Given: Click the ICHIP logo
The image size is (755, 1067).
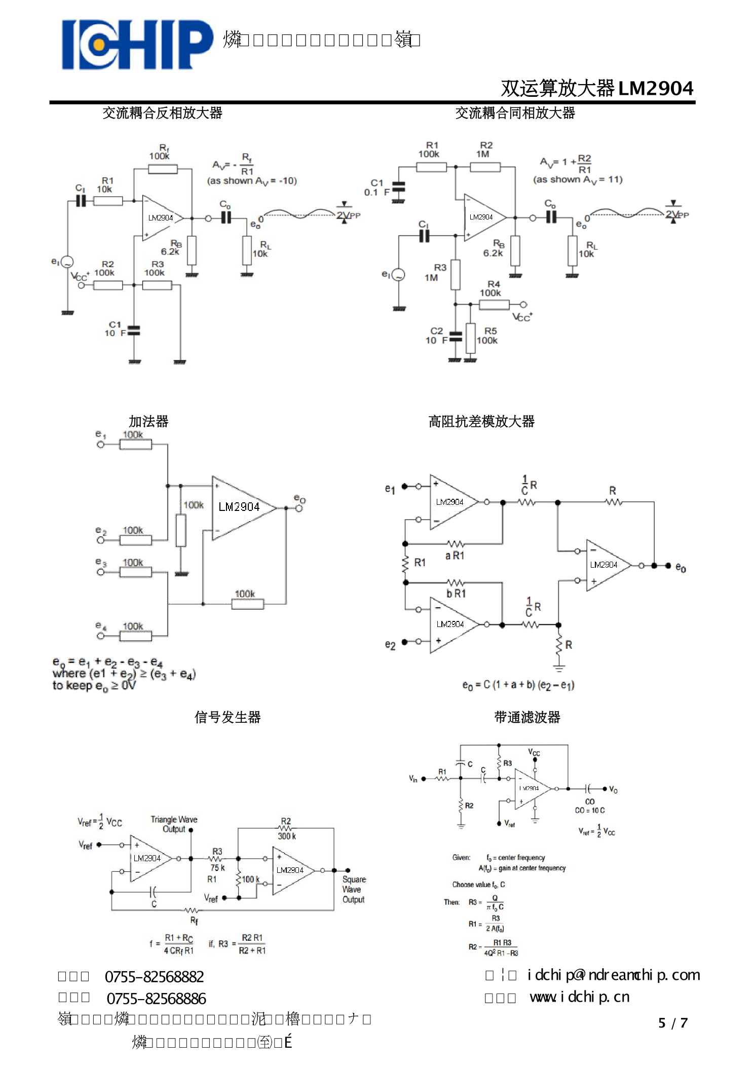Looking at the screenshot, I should pos(137,44).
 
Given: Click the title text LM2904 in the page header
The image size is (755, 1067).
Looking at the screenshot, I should pos(655,88).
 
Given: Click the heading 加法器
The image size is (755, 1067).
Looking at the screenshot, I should pos(148,421).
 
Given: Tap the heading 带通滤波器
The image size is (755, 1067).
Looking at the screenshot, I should pos(527,717).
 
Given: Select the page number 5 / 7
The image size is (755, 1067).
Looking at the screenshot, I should pos(672,1023).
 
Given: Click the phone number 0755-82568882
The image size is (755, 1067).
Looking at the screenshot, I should pos(154,976).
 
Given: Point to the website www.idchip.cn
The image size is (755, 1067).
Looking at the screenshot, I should pos(579,997).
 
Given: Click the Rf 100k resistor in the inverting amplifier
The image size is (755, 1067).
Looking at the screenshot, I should pos(162,169).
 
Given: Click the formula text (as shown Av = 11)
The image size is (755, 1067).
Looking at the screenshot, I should pos(578,179).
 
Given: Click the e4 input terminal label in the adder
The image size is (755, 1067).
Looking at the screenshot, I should pos(101,627).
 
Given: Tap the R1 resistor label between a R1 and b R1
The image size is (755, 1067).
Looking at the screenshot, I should pos(420,562).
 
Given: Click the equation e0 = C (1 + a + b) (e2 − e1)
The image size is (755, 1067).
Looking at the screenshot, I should pos(518,685).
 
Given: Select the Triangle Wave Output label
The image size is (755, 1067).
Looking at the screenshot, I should pos(174,824).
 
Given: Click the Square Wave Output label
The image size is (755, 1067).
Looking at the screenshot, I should pos(354,890).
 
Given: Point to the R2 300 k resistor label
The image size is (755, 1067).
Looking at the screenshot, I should pos(286,829).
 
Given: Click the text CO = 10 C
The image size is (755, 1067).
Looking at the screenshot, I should pos(589,810).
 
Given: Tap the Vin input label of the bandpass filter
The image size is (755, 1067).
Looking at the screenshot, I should pos(413,779).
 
